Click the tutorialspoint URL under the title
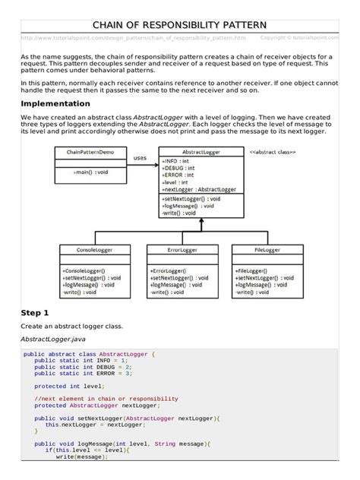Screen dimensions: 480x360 pyautogui.click(x=134, y=37)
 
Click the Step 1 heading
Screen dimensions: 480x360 pyautogui.click(x=34, y=312)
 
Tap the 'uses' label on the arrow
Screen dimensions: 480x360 pyautogui.click(x=141, y=158)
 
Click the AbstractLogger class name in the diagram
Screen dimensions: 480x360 pyautogui.click(x=202, y=152)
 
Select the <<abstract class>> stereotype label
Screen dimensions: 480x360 pyautogui.click(x=273, y=152)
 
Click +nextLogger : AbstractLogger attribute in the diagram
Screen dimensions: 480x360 pyautogui.click(x=199, y=189)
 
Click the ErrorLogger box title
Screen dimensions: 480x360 pyautogui.click(x=182, y=250)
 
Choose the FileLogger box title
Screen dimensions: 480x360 pyautogui.click(x=268, y=250)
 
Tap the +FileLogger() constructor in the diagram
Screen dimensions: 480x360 pyautogui.click(x=254, y=270)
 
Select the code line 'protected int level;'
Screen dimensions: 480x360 pyautogui.click(x=65, y=386)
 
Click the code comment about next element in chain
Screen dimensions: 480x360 pyautogui.click(x=106, y=399)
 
